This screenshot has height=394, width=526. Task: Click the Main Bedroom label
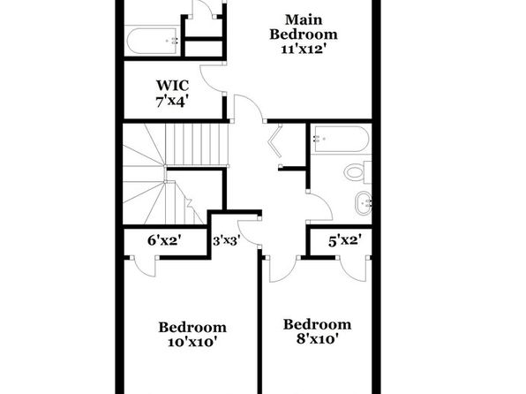click(304, 27)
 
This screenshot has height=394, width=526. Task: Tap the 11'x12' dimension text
click(304, 49)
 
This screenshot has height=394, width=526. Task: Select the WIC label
click(173, 86)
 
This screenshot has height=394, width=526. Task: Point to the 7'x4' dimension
click(170, 101)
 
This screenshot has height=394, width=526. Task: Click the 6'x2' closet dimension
click(165, 240)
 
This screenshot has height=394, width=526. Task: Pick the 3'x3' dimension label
click(227, 240)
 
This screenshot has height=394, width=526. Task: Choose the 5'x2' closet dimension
click(345, 240)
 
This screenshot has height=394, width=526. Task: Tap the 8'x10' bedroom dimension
click(317, 339)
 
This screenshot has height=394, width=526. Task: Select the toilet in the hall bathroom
click(357, 171)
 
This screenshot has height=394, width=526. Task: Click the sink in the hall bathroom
click(363, 203)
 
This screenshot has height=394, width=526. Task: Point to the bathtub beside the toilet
click(340, 139)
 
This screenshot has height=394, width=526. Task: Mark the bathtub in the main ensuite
click(153, 41)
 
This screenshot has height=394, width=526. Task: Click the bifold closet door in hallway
click(275, 140)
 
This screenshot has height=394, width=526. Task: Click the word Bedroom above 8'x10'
click(318, 324)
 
